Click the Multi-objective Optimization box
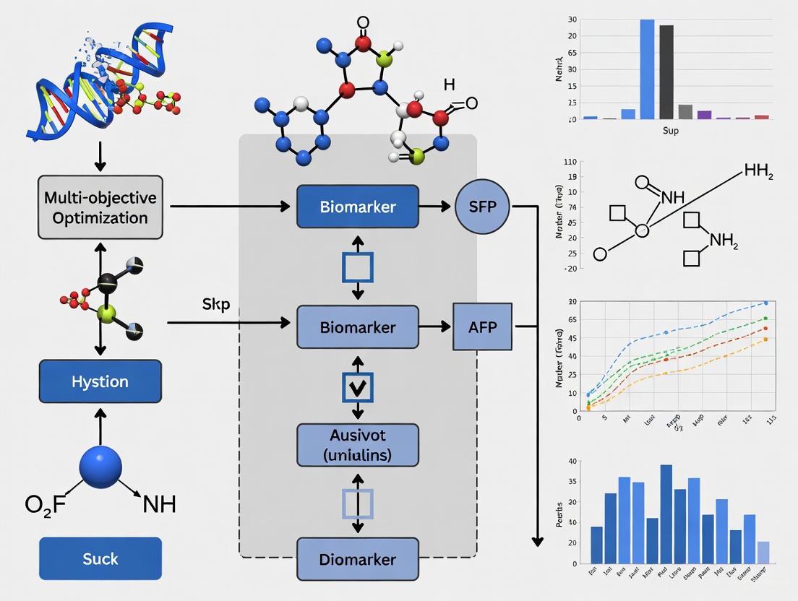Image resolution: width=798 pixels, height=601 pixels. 100,207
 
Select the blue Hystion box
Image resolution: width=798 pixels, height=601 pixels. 100,381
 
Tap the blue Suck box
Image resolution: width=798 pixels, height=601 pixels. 100,558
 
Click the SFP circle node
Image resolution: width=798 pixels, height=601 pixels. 483,207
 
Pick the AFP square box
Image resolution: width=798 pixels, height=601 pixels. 482,327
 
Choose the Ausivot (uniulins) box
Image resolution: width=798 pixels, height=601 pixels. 358,445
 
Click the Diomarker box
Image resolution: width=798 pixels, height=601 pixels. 358,559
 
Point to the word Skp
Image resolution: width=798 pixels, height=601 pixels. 216,304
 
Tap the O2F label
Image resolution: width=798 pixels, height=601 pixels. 45,503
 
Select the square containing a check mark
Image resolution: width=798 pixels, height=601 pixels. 358,386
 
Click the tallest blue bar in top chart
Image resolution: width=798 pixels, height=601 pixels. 647,69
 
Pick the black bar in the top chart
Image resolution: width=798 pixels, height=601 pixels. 666,72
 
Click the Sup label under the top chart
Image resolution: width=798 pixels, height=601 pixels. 670,131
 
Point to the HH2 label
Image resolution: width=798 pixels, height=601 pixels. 758,172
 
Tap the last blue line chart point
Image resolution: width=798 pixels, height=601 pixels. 765,303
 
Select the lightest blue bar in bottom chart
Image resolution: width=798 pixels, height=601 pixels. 763,552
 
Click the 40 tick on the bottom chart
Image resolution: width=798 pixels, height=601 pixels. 573,461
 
